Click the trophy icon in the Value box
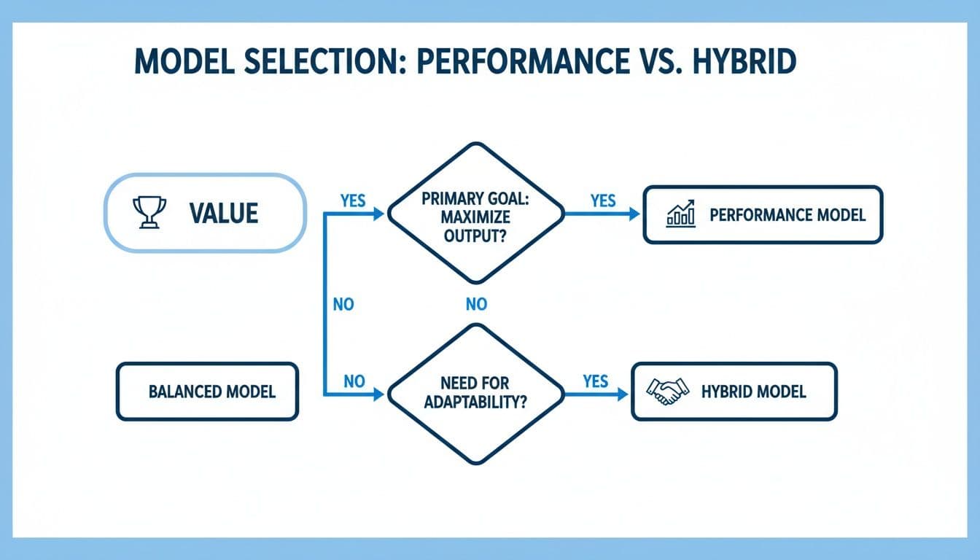click(149, 212)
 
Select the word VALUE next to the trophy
click(223, 213)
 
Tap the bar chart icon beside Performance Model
click(681, 214)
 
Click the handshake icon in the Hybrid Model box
click(668, 392)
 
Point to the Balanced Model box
click(207, 392)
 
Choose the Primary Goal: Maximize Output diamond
click(475, 213)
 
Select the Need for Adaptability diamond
click(475, 393)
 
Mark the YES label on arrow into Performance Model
click(603, 201)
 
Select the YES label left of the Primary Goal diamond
click(353, 201)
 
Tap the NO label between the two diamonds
click(475, 305)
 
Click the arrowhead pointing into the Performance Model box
click(635, 214)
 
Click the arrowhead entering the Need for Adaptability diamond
click(378, 394)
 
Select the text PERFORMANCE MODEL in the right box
click(787, 214)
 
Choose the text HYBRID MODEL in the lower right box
click(753, 392)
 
